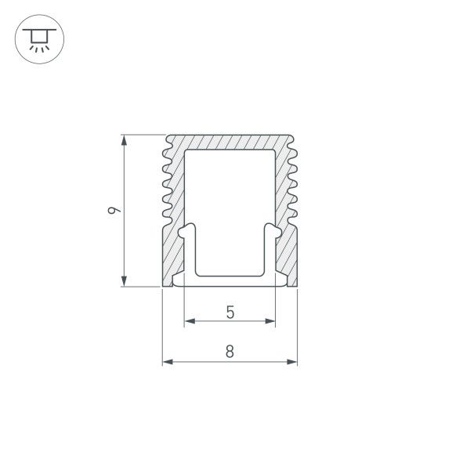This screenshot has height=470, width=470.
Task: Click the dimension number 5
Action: pyautogui.click(x=230, y=312)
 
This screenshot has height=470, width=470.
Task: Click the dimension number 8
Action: pyautogui.click(x=230, y=352)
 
